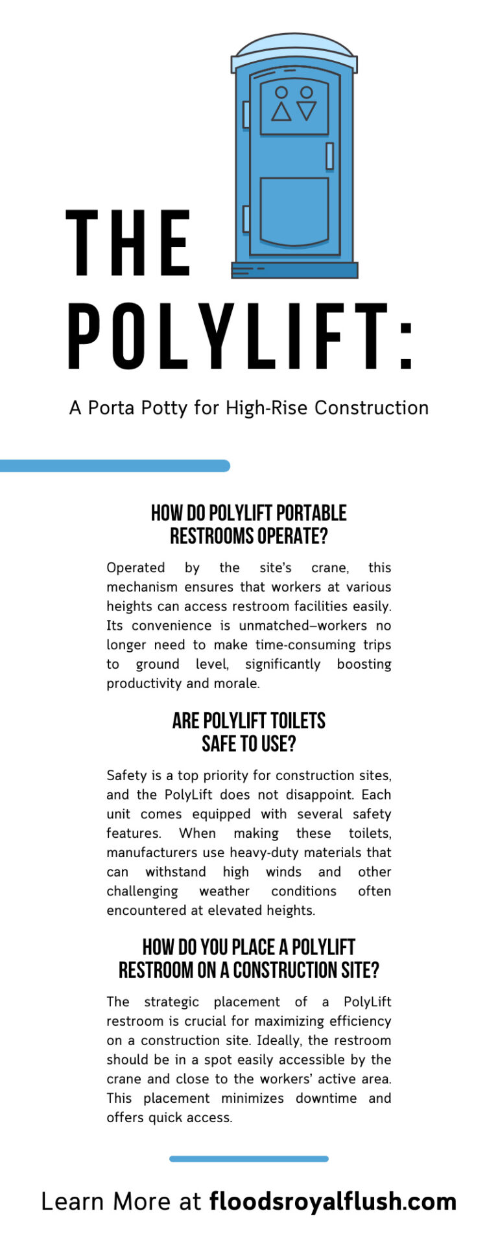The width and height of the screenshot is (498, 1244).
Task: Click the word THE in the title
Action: click(128, 244)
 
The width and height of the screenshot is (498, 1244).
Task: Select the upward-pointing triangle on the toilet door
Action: click(281, 111)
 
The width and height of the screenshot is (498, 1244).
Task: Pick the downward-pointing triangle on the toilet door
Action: click(306, 110)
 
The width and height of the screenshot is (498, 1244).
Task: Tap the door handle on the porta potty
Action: click(329, 156)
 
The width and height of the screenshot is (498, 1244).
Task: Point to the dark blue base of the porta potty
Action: click(294, 270)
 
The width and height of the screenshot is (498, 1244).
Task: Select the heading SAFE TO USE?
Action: click(249, 744)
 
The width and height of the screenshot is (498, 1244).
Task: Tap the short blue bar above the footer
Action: click(249, 1158)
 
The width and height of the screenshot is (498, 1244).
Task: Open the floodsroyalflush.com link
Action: click(333, 1201)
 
